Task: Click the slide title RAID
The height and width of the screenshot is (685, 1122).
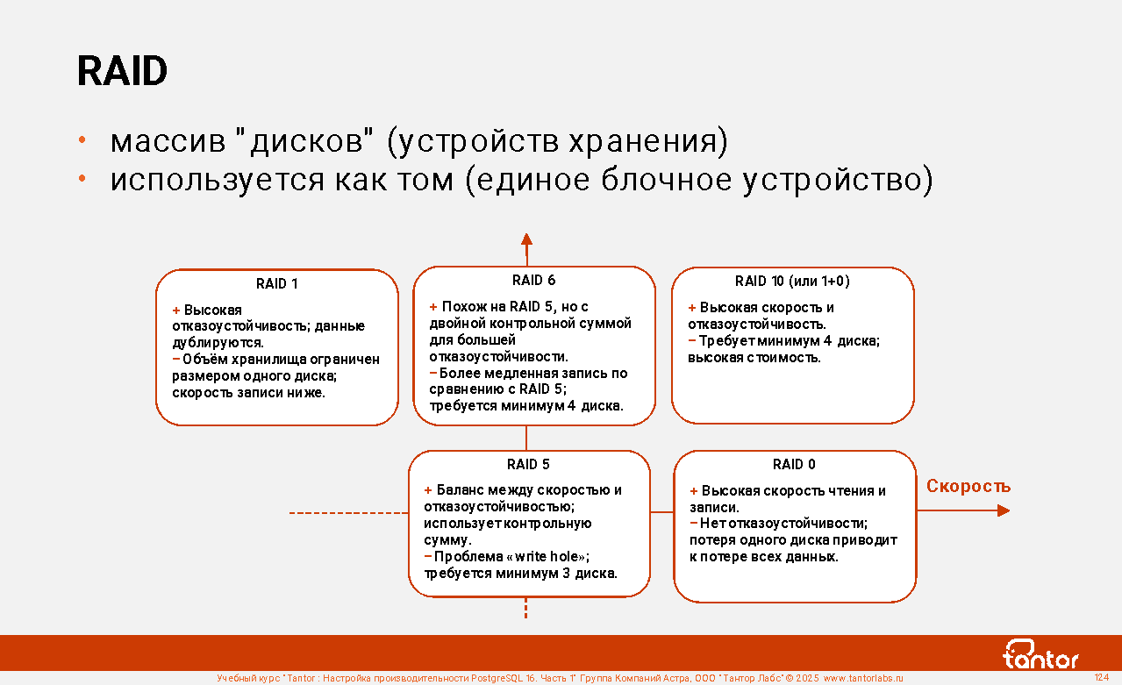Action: (x=122, y=71)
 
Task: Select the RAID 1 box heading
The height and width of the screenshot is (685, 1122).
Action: (x=277, y=284)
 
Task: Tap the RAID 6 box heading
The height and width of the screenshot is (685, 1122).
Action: (x=534, y=281)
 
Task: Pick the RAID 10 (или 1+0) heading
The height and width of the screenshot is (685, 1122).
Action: (x=792, y=282)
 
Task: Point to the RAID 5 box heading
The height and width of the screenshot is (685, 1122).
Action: (x=528, y=464)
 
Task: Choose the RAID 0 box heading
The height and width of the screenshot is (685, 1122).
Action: (x=794, y=464)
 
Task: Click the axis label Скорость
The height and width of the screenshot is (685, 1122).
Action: (x=968, y=486)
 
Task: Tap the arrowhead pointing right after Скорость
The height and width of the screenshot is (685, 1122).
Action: (x=1004, y=510)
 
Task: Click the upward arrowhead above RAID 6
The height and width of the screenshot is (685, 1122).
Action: (x=526, y=239)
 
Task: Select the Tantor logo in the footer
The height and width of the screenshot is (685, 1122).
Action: (x=1040, y=654)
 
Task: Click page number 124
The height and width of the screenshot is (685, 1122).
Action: (x=1102, y=677)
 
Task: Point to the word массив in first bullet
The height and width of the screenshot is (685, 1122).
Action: (x=168, y=142)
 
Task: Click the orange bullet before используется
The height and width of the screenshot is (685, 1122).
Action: (x=82, y=178)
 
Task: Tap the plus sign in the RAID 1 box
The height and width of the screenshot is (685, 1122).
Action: (x=175, y=311)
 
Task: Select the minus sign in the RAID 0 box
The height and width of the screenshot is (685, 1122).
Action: (x=694, y=523)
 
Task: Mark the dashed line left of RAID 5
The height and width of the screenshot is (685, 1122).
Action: (x=349, y=513)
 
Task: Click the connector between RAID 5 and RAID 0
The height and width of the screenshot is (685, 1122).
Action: (x=662, y=511)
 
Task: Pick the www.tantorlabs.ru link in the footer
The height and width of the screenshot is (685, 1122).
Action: (x=863, y=678)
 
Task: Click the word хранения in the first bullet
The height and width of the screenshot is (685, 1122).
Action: (x=648, y=142)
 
